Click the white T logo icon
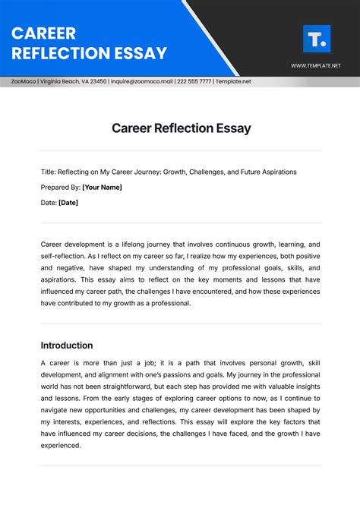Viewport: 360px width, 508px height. [316, 38]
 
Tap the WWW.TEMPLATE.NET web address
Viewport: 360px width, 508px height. [316, 66]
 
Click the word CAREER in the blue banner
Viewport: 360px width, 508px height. [43, 34]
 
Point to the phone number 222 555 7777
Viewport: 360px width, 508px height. [194, 81]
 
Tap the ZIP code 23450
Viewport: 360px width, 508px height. [99, 81]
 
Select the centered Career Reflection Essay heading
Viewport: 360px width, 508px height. [180, 128]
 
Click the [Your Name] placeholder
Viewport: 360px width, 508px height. [102, 187]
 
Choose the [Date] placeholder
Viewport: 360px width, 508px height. [68, 202]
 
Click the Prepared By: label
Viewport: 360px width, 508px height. [60, 187]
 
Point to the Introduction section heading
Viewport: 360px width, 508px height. [67, 345]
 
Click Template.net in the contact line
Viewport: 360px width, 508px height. [232, 81]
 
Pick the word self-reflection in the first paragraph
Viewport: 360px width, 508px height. [63, 257]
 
